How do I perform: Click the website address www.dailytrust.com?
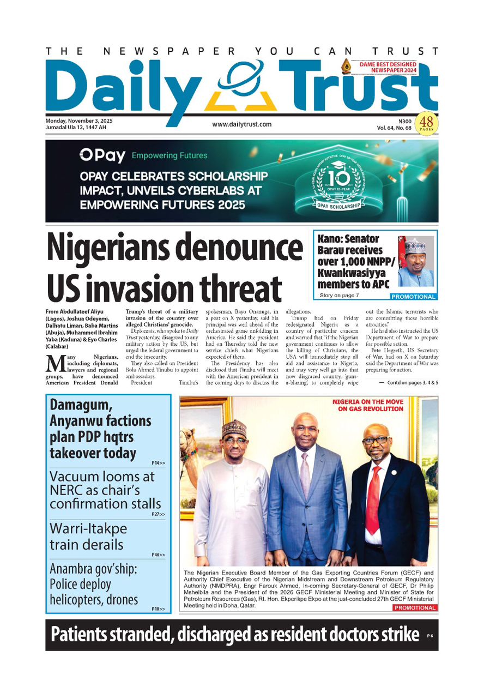tap(241, 124)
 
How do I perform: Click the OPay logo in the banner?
tap(102, 155)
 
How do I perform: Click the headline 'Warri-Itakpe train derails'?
tap(87, 537)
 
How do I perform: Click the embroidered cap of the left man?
tap(234, 429)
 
